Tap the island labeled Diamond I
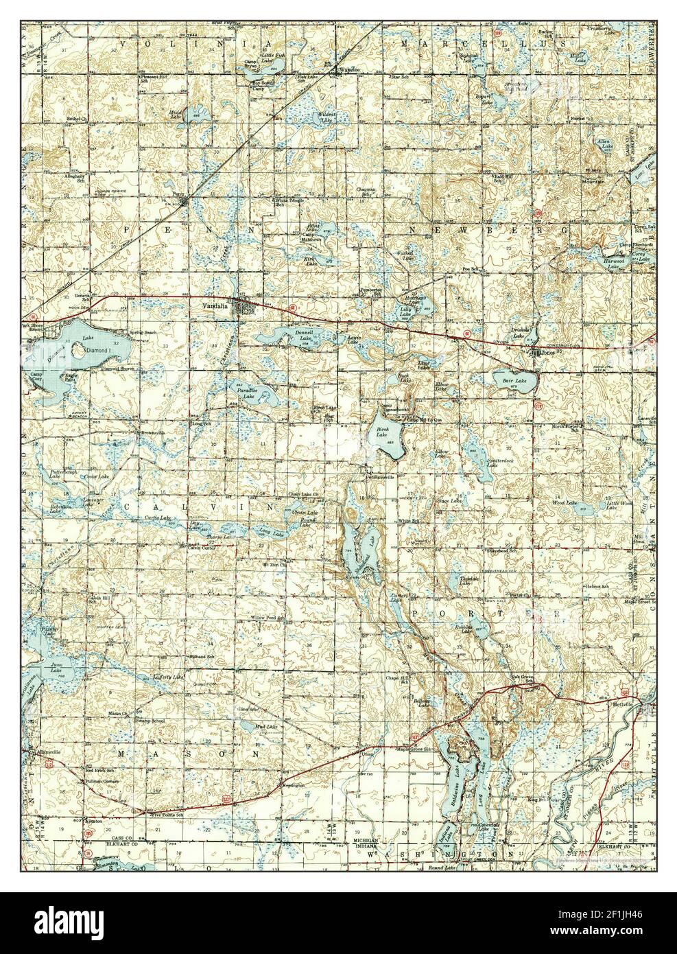coord(93,350)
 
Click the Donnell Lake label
coord(304,336)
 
